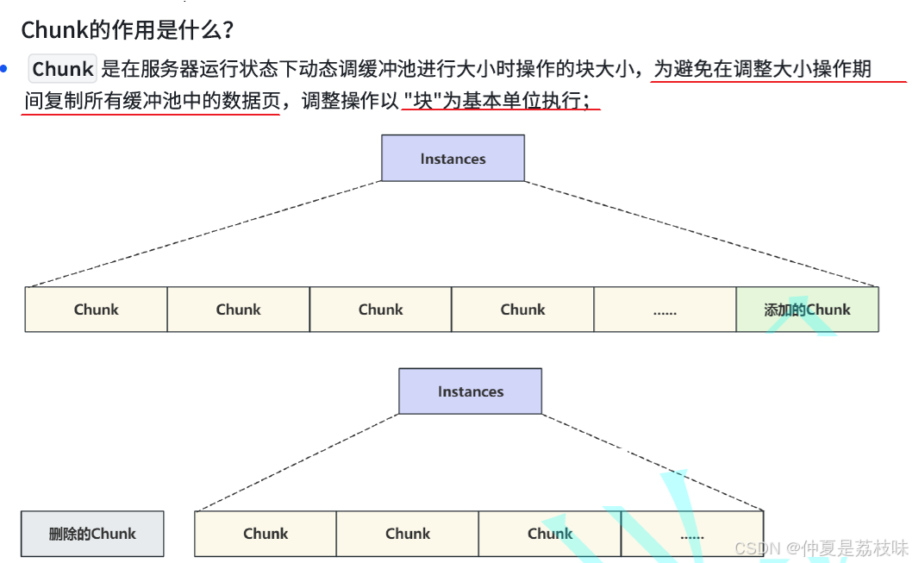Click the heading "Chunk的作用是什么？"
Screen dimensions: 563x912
coord(128,29)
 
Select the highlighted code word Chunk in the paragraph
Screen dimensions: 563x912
coord(63,69)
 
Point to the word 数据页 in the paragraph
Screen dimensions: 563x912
coord(253,101)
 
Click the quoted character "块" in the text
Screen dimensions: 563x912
coord(422,101)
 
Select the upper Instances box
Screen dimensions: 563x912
coord(453,159)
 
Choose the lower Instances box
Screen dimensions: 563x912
coord(470,391)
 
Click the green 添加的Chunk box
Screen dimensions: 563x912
coord(807,310)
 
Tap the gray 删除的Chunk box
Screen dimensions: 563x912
coord(92,534)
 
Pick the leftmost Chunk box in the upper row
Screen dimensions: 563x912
coord(96,310)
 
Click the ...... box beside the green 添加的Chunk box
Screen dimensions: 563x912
coord(665,310)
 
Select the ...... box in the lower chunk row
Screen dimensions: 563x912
coord(691,534)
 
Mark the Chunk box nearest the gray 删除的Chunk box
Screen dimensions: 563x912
coord(265,534)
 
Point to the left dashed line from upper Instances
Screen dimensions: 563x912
coord(203,234)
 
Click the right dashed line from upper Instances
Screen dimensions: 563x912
coord(702,234)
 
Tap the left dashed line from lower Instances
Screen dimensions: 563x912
coord(297,462)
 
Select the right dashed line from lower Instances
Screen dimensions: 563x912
coord(653,462)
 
